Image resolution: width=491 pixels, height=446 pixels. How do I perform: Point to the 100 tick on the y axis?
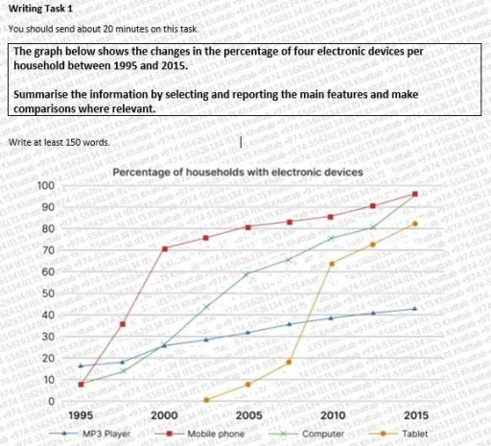[x=45, y=185]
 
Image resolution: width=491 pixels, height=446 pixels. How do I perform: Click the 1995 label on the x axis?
[x=82, y=415]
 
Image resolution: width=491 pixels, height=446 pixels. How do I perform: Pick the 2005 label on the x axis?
[x=248, y=415]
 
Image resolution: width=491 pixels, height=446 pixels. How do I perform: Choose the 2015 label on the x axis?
[x=415, y=415]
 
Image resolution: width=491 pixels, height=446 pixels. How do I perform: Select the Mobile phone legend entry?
[x=209, y=434]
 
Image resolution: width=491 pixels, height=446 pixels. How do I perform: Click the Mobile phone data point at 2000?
[x=164, y=248]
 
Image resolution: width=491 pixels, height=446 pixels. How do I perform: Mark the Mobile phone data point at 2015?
[x=414, y=194]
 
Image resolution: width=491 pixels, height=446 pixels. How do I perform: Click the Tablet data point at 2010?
[x=331, y=264]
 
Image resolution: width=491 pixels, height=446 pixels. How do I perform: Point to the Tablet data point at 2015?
[x=414, y=223]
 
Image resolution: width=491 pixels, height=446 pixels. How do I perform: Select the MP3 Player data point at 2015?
[x=414, y=309]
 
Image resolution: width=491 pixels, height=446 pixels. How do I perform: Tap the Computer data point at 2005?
[x=247, y=274]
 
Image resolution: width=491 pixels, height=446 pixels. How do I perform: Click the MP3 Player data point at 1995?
[x=81, y=365]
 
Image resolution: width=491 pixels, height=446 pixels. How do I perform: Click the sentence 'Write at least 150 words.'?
[x=58, y=142]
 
